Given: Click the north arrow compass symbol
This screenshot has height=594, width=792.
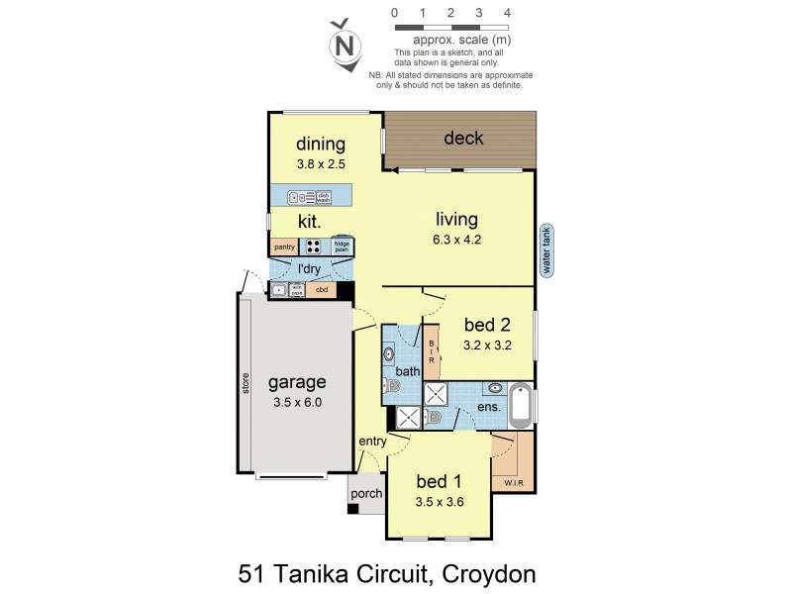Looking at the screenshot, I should tap(345, 46).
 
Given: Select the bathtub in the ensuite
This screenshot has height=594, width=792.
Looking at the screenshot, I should tap(521, 406).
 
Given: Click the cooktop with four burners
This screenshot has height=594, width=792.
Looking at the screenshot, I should tap(313, 247).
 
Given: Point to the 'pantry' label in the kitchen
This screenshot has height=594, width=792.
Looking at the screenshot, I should tap(283, 247).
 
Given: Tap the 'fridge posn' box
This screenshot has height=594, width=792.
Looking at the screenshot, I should tap(342, 247).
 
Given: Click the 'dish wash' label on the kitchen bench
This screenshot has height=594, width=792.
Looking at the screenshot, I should tap(338, 197).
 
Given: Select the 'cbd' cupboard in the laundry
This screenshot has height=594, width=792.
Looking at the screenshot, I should tap(321, 290).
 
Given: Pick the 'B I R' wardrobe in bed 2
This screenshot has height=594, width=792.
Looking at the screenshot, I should tap(432, 355).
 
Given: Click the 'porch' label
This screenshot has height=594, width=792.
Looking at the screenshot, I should tap(365, 493).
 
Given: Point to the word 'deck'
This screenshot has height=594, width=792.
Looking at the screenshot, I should tap(463, 138).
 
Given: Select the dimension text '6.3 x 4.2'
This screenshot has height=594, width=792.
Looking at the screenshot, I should tap(456, 239).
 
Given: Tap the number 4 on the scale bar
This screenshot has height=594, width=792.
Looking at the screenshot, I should tap(507, 13).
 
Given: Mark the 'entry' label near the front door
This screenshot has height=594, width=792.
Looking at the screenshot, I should tap(371, 442).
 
